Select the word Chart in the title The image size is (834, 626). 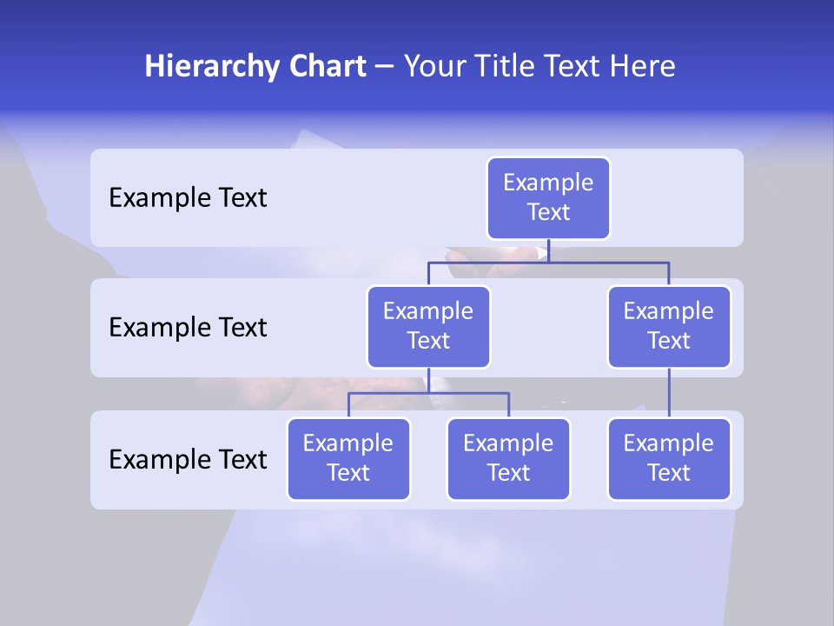[328, 67]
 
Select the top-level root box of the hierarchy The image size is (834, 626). [548, 198]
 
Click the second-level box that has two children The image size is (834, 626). [428, 327]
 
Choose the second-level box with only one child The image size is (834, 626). [669, 327]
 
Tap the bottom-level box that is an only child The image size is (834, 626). [669, 459]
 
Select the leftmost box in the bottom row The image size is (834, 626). [348, 459]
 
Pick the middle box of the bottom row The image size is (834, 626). [508, 459]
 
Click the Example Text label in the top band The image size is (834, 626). [188, 198]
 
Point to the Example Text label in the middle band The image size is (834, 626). [188, 328]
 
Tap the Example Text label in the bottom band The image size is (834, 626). [188, 459]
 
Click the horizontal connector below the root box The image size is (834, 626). [548, 262]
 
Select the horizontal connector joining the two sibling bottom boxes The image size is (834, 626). [428, 393]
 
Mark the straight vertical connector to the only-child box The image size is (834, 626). [669, 393]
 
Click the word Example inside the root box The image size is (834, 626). [548, 183]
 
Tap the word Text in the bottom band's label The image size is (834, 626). [240, 459]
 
